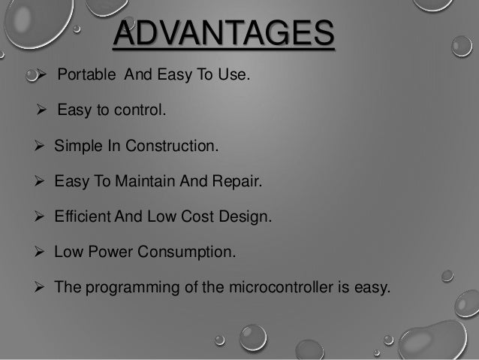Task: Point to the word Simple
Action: coord(75,146)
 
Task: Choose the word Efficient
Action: coord(81,216)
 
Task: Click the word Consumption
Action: coord(188,252)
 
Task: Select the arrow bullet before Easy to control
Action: coord(42,111)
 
